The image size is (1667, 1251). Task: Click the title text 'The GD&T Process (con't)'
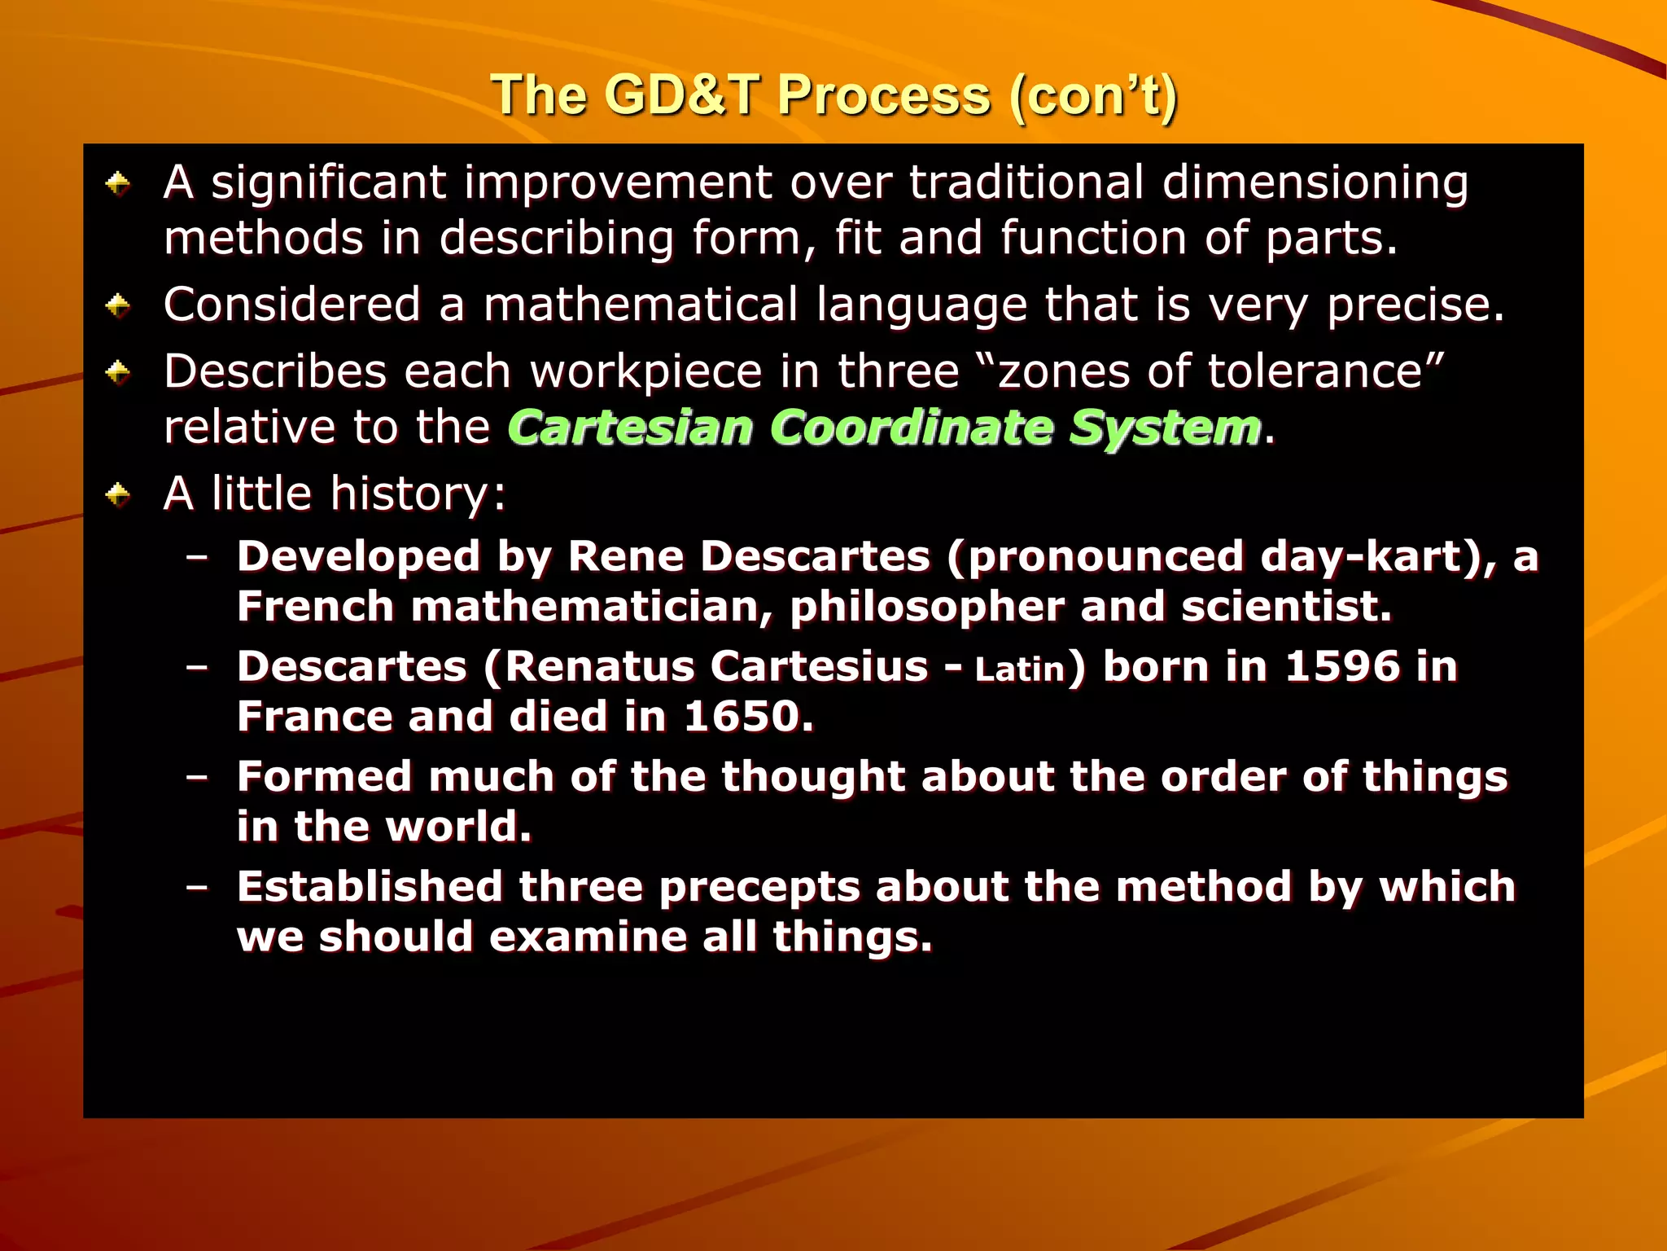[833, 96]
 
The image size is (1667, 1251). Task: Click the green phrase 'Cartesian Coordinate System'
[885, 428]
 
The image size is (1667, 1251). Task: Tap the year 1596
[1341, 666]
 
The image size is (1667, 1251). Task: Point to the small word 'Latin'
[1020, 669]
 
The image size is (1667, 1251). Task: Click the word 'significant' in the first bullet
[329, 182]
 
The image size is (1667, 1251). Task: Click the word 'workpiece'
[647, 372]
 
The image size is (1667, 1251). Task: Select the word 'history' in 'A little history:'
[409, 494]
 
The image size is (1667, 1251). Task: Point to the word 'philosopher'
[926, 607]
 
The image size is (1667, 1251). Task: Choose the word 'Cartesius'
[819, 666]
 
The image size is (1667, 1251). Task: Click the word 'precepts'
[759, 886]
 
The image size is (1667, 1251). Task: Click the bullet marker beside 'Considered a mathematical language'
[119, 306]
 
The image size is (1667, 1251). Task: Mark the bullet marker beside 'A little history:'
[119, 494]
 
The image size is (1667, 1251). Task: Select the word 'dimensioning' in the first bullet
[1315, 182]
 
